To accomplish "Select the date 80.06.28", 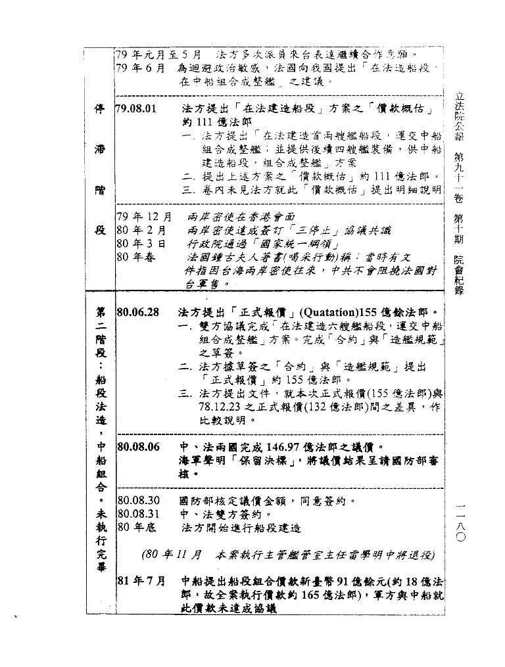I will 137,312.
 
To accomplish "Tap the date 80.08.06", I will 137,448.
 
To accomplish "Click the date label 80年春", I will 136,257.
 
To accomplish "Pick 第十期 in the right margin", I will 460,227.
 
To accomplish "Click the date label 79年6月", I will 140,68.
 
